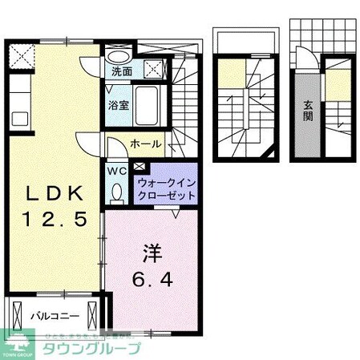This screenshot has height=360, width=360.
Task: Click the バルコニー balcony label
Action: [49, 315]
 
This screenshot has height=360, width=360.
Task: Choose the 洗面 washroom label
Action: [122, 71]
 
